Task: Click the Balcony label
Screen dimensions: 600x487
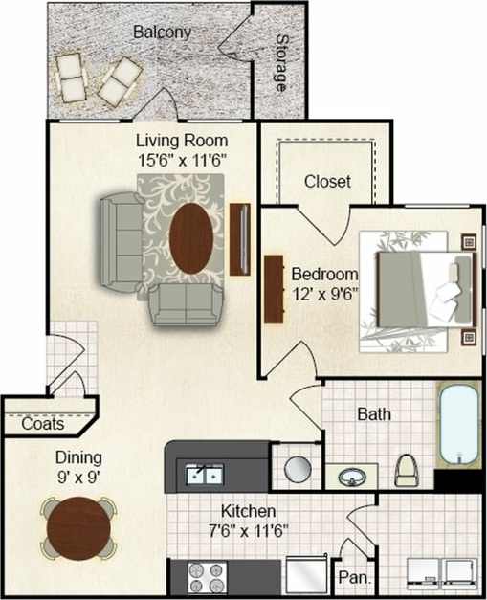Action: tap(162, 32)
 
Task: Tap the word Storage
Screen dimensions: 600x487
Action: tap(282, 62)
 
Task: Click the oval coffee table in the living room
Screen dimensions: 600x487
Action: tap(191, 237)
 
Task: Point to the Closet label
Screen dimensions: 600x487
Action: tap(327, 181)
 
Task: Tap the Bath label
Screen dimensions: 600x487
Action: tap(372, 415)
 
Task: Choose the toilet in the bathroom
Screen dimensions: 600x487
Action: tap(406, 469)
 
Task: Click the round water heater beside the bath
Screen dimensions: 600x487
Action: tap(297, 468)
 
